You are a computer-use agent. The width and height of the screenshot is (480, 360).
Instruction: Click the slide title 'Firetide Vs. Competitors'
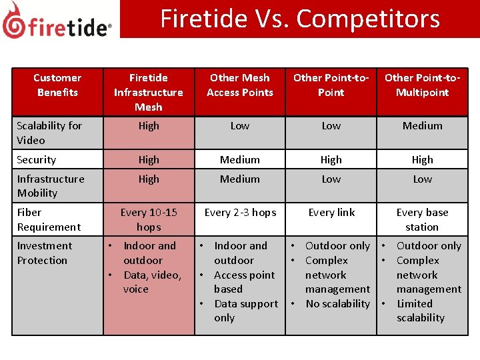pos(300,19)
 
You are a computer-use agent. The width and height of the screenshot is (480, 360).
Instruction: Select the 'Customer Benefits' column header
pos(57,85)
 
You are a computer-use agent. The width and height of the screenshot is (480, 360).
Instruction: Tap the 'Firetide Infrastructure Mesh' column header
pos(149,92)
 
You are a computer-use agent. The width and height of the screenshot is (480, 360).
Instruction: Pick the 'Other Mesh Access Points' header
pos(240,85)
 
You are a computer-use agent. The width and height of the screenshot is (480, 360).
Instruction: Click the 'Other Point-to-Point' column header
pos(331,85)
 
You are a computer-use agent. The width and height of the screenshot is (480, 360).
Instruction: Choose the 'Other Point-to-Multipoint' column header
pos(422,85)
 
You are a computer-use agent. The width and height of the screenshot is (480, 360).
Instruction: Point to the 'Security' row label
pos(37,159)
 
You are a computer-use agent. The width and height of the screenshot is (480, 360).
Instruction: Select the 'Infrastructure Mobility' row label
pos(51,186)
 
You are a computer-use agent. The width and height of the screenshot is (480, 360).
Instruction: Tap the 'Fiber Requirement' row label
pos(49,219)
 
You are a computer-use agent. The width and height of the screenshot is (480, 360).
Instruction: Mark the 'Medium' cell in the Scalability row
pos(422,126)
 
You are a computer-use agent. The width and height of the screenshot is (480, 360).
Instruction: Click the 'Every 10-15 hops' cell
pos(149,219)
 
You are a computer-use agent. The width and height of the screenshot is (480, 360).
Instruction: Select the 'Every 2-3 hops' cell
pos(240,213)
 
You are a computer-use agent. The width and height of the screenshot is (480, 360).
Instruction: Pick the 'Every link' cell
pos(331,213)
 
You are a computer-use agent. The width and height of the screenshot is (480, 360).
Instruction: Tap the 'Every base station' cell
pos(422,219)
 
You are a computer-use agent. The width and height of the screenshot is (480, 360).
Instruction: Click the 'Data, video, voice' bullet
pos(151,282)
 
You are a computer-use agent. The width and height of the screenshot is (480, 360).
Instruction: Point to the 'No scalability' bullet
pos(337,304)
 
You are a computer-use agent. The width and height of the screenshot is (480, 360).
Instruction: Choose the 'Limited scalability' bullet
pos(421,311)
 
